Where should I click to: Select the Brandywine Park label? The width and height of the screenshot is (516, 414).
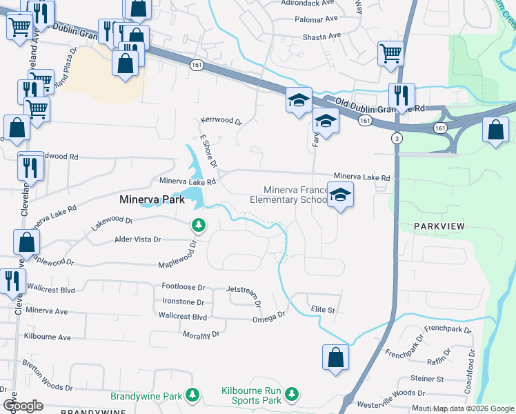(x=146, y=396)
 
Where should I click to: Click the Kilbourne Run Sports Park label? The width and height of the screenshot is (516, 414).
(x=251, y=395)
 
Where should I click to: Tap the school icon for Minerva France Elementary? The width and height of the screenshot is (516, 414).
(x=340, y=195)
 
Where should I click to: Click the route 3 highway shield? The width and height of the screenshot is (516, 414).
(x=397, y=139)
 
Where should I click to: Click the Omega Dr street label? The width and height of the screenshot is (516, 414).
(x=268, y=316)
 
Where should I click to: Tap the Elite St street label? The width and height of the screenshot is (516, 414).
(x=322, y=310)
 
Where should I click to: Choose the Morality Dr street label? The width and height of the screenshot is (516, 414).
(x=201, y=334)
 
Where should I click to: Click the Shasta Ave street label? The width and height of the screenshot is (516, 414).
(x=324, y=36)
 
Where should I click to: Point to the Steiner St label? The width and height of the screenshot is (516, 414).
(x=427, y=379)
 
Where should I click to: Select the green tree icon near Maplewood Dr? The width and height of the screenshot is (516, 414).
(x=199, y=225)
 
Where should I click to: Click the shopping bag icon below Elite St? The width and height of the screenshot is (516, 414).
(x=335, y=357)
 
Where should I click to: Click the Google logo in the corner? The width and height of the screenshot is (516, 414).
(x=23, y=406)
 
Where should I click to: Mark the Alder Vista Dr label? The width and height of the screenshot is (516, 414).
(x=137, y=239)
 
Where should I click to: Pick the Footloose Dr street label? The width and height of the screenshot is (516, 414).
(x=183, y=286)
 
